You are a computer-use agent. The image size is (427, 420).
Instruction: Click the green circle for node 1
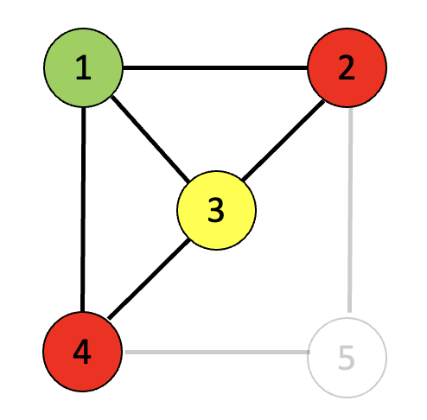pyautogui.click(x=83, y=67)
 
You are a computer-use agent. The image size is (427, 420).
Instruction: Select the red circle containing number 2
pyautogui.click(x=347, y=67)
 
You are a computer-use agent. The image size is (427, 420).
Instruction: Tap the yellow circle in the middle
pyautogui.click(x=216, y=210)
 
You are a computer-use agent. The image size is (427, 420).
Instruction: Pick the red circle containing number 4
pyautogui.click(x=83, y=352)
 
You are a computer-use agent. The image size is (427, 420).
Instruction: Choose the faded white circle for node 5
pyautogui.click(x=347, y=358)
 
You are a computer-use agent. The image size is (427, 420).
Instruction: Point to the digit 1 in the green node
pyautogui.click(x=83, y=68)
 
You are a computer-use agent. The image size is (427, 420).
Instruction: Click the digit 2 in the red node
pyautogui.click(x=347, y=67)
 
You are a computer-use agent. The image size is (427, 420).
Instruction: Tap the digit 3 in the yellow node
pyautogui.click(x=216, y=210)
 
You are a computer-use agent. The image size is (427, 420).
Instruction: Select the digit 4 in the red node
pyautogui.click(x=82, y=352)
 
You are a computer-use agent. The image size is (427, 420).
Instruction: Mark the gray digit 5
pyautogui.click(x=346, y=358)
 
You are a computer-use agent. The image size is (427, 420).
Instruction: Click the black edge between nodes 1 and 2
pyautogui.click(x=215, y=68)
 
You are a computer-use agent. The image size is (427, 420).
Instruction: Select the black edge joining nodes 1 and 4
pyautogui.click(x=83, y=210)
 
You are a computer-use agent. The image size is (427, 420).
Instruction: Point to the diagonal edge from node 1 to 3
pyautogui.click(x=150, y=139)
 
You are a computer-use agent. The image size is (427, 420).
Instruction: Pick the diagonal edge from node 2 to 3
pyautogui.click(x=284, y=140)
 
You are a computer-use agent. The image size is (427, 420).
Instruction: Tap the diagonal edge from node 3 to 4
pyautogui.click(x=149, y=279)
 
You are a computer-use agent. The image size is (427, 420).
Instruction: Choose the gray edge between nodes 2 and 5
pyautogui.click(x=350, y=210)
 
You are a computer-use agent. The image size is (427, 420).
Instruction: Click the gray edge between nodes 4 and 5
pyautogui.click(x=217, y=352)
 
